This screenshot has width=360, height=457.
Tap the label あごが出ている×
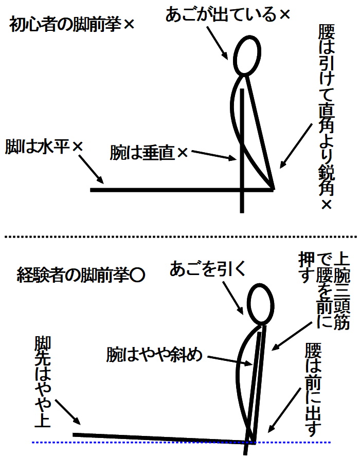[228, 14]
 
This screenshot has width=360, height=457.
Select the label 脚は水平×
[44, 147]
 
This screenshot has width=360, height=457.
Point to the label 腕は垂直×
[149, 153]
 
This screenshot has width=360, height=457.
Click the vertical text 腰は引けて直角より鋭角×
[326, 117]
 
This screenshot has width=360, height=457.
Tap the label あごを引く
[208, 268]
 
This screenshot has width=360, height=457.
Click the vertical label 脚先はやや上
[43, 382]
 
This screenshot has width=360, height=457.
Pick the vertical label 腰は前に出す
[313, 389]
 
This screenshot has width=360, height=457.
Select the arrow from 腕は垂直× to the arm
[213, 155]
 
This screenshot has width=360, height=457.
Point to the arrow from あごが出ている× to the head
[218, 43]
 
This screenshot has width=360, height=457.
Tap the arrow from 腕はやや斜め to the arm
[230, 361]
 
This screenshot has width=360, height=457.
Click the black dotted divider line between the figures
[181, 237]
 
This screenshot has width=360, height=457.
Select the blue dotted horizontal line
[181, 443]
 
